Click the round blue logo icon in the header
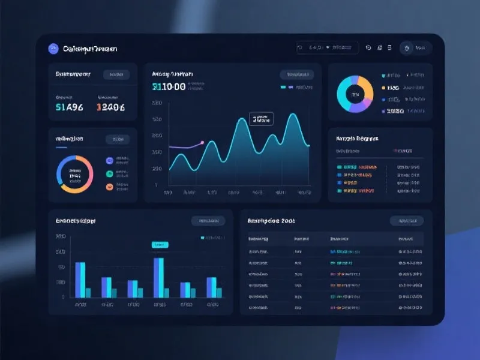tap(53, 49)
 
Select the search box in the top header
tap(328, 48)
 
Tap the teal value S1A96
tap(69, 107)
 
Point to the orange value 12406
tap(110, 107)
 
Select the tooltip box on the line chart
tap(261, 119)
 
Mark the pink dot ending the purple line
tap(202, 143)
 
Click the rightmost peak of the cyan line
tap(293, 115)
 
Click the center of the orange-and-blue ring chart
tap(74, 175)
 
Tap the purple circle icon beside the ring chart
tap(109, 161)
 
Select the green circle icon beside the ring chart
tap(109, 174)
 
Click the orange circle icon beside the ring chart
tap(109, 187)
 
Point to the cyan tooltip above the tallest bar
tap(160, 245)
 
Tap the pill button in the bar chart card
tap(208, 221)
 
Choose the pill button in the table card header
tap(406, 221)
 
